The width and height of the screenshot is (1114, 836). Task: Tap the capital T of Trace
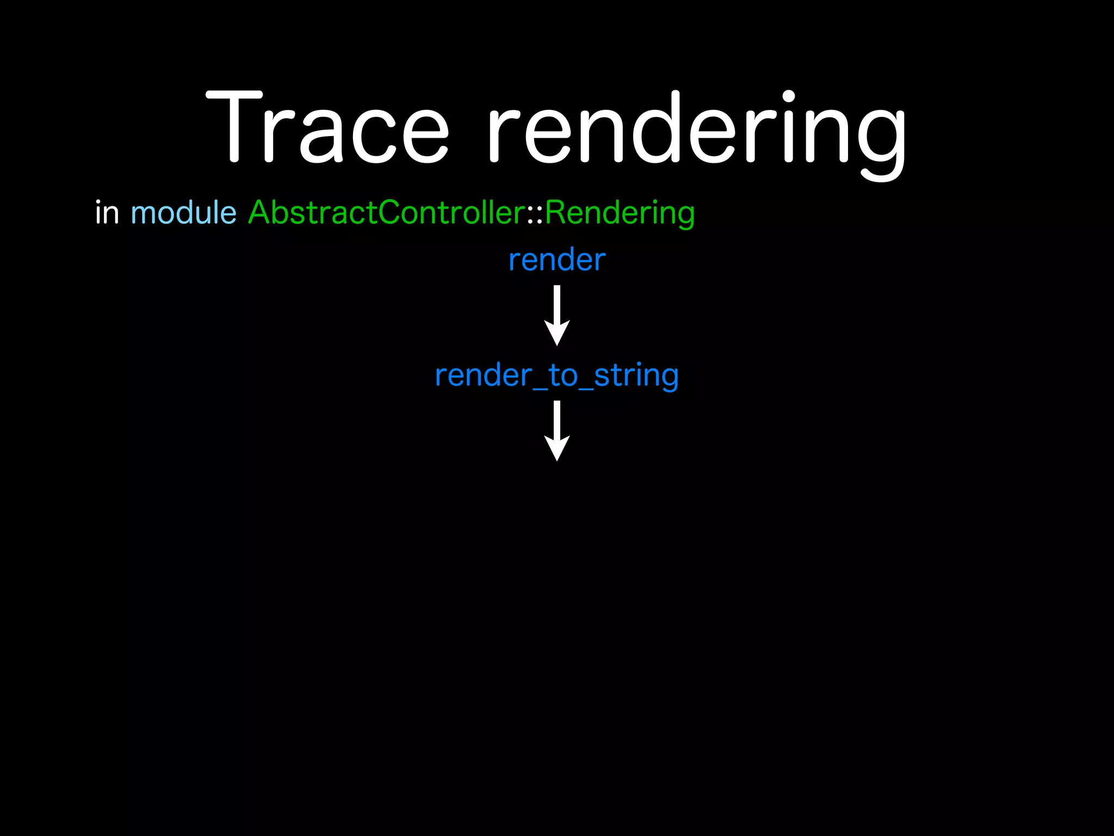234,128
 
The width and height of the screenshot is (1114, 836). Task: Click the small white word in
107,212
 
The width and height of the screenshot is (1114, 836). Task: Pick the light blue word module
183,212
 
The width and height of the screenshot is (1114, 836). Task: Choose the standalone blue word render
556,260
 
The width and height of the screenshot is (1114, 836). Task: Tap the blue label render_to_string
556,376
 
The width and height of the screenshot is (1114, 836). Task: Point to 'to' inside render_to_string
562,376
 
